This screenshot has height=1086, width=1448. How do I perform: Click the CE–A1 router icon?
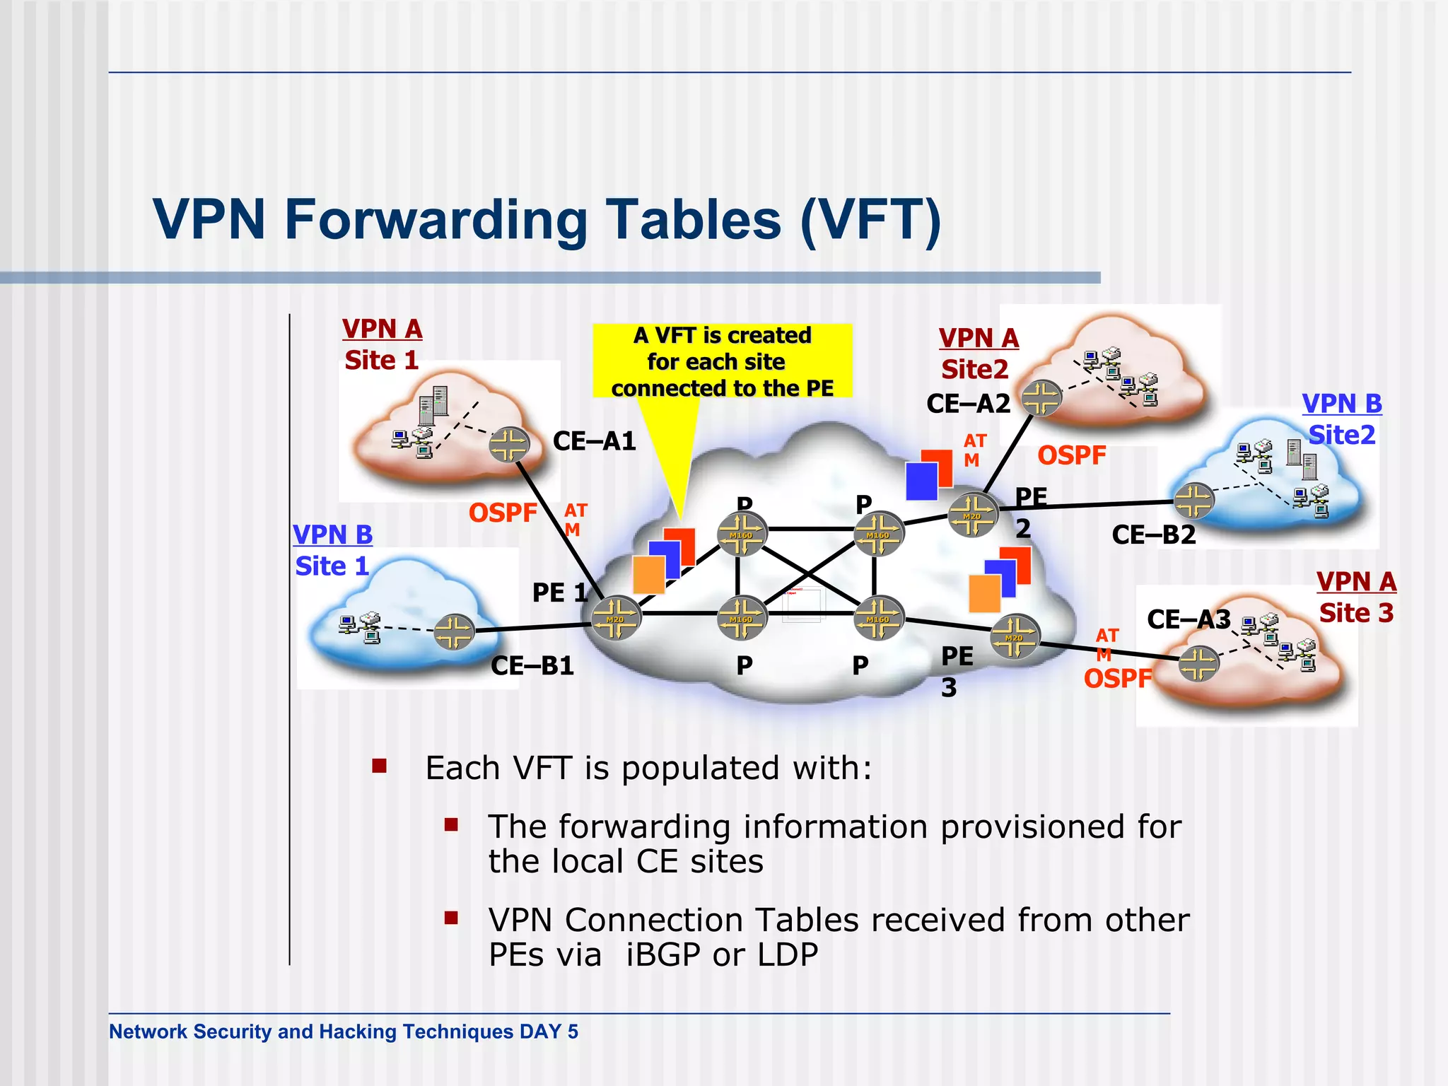tap(509, 445)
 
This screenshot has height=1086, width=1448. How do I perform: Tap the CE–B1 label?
tap(532, 666)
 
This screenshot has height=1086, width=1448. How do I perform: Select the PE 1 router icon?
tap(616, 617)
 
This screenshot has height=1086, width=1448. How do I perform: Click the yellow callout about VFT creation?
tap(722, 361)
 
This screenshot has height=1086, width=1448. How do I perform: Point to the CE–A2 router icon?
tap(1041, 398)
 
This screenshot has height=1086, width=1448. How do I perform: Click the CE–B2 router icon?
tap(1194, 501)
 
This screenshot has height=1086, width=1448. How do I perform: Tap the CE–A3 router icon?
tap(1199, 664)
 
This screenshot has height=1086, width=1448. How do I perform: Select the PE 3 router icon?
tap(1015, 636)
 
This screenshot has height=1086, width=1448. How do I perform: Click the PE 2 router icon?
tap(973, 514)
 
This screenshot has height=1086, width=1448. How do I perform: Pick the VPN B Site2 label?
tap(1342, 419)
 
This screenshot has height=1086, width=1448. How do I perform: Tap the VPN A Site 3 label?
tap(1356, 597)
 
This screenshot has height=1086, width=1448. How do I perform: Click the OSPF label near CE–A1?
tap(503, 513)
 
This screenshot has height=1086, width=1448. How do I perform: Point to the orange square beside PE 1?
tap(649, 574)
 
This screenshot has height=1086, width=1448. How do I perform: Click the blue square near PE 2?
tap(921, 481)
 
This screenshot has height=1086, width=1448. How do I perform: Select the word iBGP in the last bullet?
tap(663, 955)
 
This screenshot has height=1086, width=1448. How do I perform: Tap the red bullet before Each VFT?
tap(380, 766)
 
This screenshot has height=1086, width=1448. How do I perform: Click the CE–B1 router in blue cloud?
tap(454, 631)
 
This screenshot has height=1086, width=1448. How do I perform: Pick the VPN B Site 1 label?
tap(332, 551)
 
